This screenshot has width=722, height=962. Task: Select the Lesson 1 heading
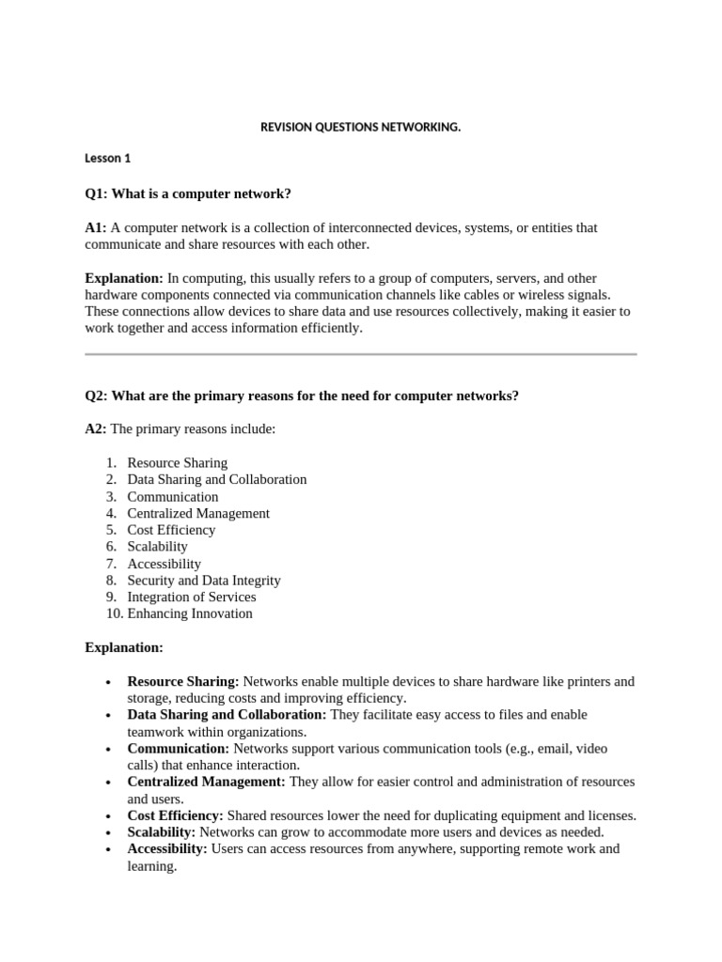107,158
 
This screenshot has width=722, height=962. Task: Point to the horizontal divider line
360,354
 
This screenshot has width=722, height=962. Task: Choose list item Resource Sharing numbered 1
177,462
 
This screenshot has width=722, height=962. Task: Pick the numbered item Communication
172,496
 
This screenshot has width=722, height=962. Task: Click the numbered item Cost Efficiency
171,530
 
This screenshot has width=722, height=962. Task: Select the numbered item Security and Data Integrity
203,581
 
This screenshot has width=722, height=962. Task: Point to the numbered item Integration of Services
191,597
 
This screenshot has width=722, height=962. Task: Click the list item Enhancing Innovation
189,613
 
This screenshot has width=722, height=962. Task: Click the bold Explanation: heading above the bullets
124,647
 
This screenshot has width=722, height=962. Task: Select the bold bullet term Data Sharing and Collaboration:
227,715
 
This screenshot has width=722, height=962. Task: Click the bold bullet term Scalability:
162,832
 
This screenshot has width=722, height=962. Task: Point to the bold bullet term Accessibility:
167,849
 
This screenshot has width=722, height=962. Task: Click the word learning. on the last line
152,866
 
